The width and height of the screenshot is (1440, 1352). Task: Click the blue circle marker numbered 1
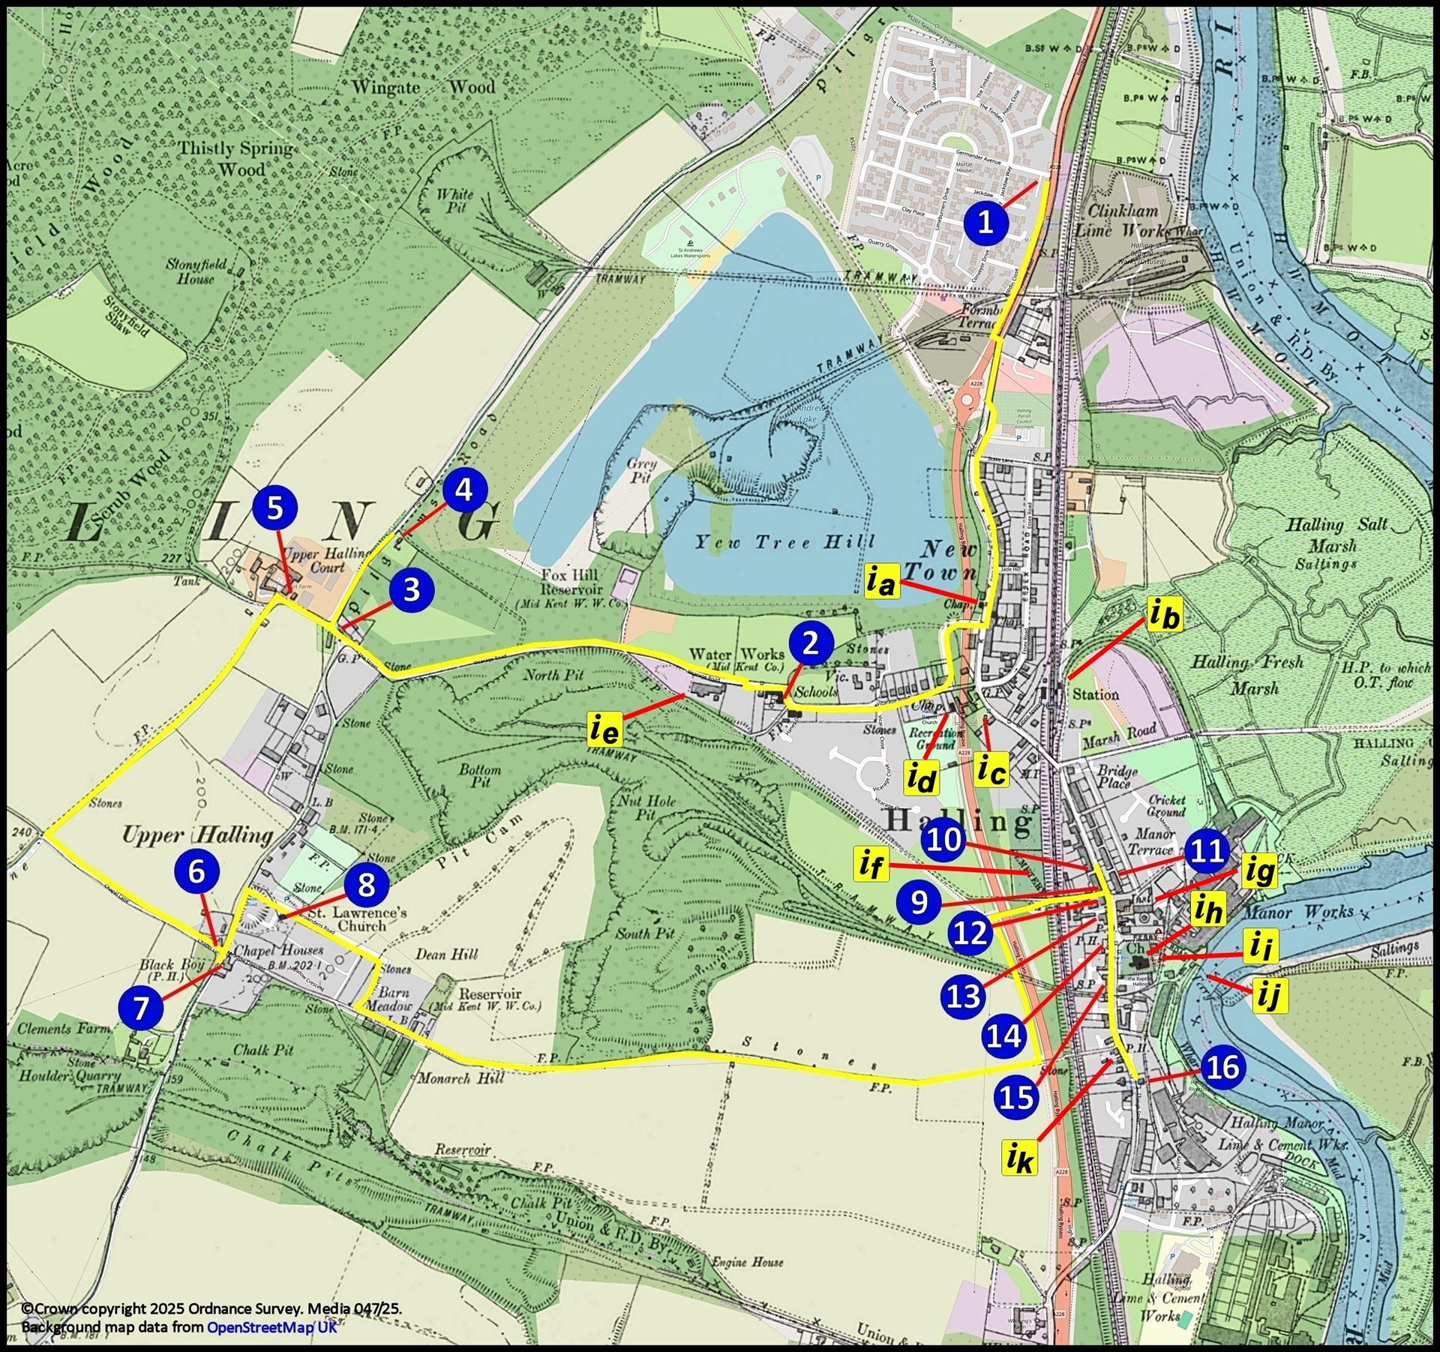[985, 222]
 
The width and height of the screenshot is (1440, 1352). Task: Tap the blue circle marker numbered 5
[275, 508]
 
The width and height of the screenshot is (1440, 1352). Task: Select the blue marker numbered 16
[1223, 1067]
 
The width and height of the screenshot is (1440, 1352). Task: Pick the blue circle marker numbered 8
[366, 885]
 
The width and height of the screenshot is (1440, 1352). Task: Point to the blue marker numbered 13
[964, 997]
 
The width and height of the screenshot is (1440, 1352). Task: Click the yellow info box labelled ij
[1267, 997]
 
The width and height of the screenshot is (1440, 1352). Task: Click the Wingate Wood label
[424, 88]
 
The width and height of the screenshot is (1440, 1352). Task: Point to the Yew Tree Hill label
[784, 541]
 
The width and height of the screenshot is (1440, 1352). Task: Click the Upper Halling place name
[197, 835]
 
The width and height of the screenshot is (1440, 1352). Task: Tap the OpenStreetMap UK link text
[271, 1327]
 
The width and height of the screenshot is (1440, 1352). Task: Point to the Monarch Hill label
[462, 1079]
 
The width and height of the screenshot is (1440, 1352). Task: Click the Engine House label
[747, 1262]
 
